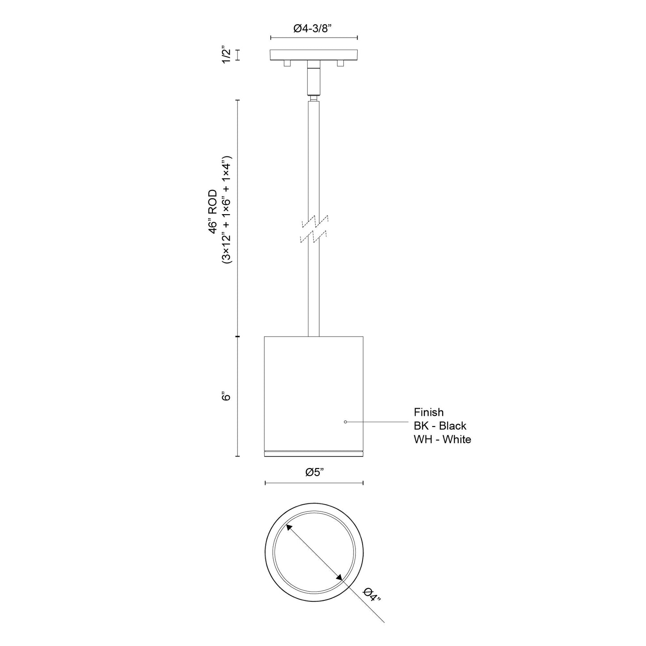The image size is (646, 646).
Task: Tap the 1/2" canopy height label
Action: (226, 55)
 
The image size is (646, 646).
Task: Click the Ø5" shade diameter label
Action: (314, 472)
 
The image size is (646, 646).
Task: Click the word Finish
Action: (428, 412)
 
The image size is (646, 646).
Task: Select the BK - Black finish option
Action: (440, 426)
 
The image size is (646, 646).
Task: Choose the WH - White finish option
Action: (442, 439)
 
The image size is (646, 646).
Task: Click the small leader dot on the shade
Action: (345, 422)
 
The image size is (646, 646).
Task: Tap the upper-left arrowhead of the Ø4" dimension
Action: (290, 528)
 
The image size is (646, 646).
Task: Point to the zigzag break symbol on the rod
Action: (314, 229)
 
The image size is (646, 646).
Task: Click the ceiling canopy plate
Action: (314, 55)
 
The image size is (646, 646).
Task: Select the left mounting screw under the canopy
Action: (287, 64)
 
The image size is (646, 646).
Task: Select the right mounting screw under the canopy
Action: (341, 64)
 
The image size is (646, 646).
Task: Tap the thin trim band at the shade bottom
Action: (314, 454)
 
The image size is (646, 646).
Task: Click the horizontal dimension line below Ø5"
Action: (314, 483)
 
